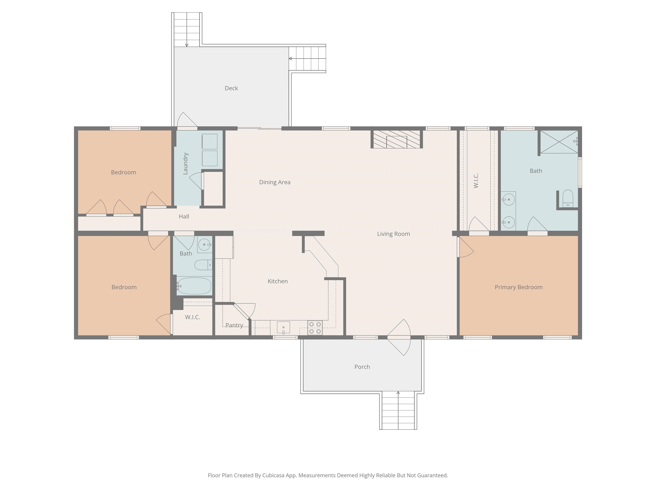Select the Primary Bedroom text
pos(518,287)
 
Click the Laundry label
pos(185,164)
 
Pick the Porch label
pos(362,367)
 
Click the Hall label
pos(184,217)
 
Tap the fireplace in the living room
pos(397,139)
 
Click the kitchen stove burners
pos(315,328)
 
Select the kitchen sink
pos(283,327)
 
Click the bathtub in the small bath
pos(194,286)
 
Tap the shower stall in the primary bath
pos(559,142)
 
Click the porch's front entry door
pos(399,337)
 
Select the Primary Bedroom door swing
pos(466,247)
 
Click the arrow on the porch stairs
pos(398,393)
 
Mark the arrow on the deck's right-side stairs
pos(290,59)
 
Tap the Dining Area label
pos(275,182)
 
